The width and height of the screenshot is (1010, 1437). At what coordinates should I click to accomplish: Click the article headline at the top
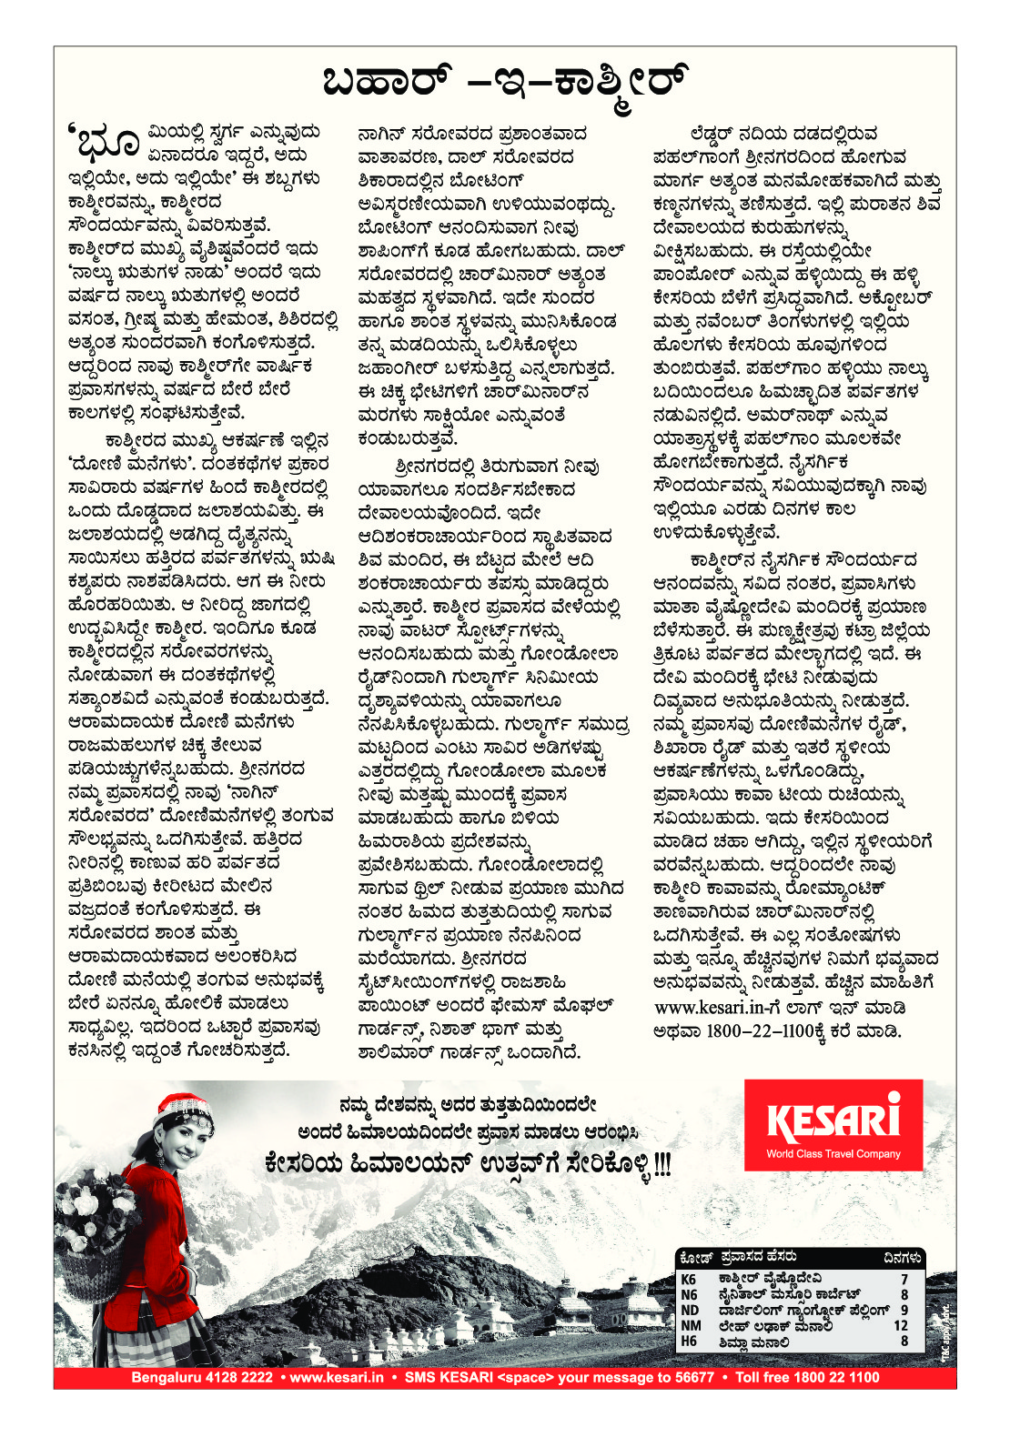[505, 82]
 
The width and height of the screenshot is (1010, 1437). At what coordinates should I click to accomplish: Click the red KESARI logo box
[833, 1124]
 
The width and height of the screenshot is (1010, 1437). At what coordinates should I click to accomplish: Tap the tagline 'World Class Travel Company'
[833, 1154]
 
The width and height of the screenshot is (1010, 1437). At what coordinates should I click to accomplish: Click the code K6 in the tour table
[689, 1279]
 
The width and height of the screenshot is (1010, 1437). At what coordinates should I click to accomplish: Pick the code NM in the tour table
[691, 1325]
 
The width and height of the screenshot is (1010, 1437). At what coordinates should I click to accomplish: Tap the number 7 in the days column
[904, 1279]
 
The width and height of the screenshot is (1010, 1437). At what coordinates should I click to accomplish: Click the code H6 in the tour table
[689, 1341]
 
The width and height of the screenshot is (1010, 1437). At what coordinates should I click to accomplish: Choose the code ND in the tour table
[690, 1310]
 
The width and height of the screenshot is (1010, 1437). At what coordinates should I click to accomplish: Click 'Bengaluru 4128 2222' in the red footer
[202, 1377]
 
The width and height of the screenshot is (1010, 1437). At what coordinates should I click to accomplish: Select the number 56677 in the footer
[694, 1377]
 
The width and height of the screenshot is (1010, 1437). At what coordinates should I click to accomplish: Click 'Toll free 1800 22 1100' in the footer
[807, 1377]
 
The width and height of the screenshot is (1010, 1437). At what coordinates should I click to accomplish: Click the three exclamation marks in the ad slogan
[662, 1163]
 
